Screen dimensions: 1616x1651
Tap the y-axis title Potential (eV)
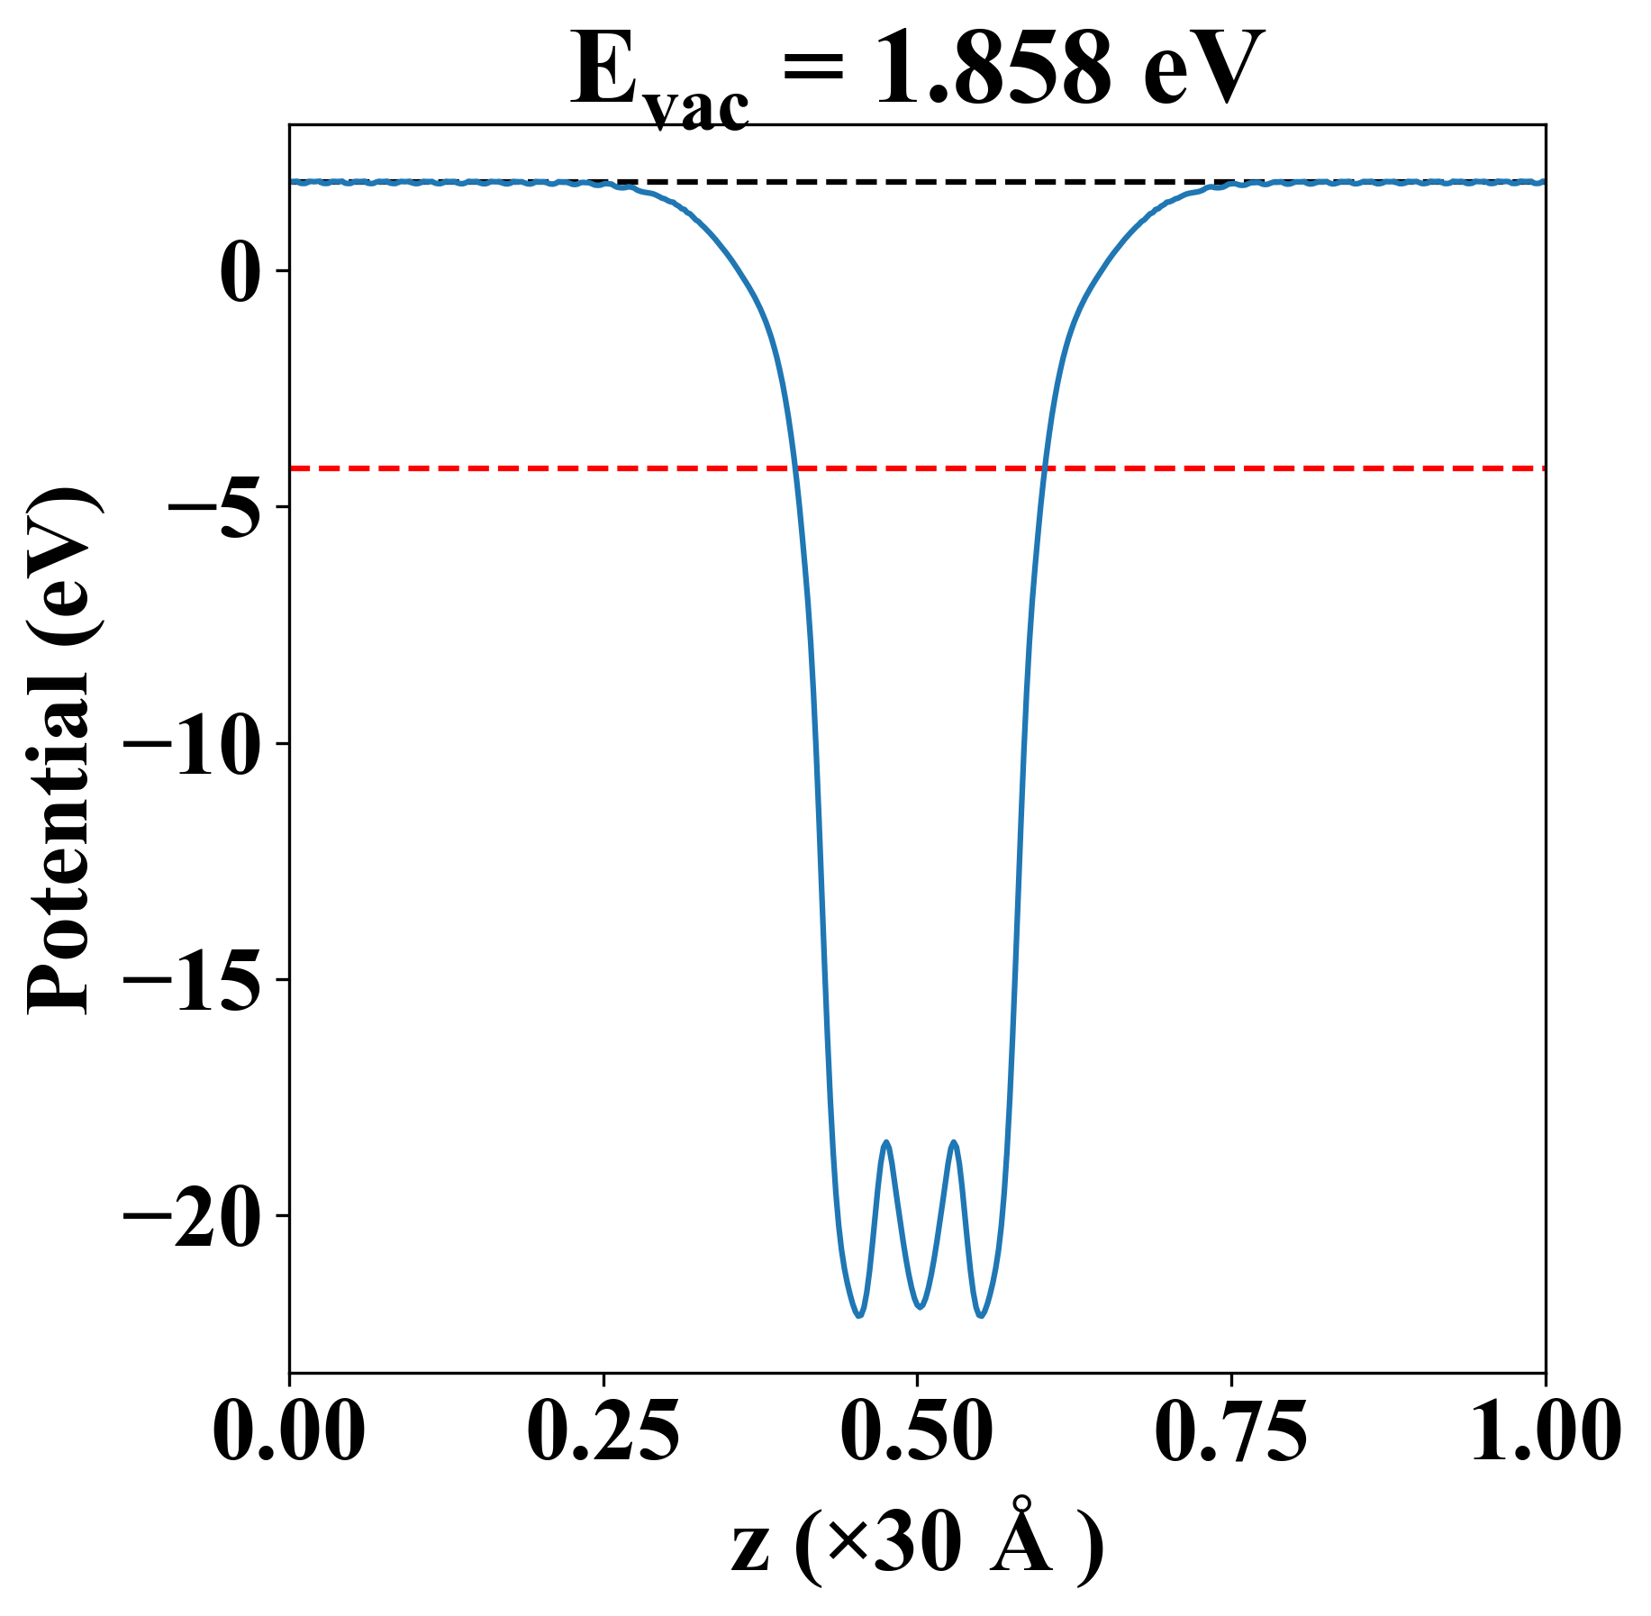[61, 749]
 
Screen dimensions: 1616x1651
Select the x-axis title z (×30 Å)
[917, 1547]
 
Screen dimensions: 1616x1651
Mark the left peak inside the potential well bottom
[887, 1142]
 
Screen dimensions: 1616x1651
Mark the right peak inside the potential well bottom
[954, 1142]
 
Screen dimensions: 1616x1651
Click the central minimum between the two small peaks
[920, 1307]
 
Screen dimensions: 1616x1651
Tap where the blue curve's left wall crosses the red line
[794, 468]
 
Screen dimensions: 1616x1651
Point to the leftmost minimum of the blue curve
[858, 1316]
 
